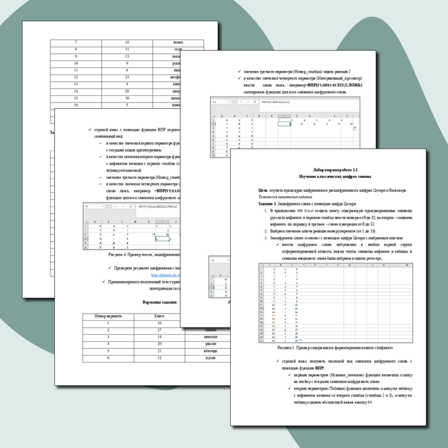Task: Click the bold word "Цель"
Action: [x=264, y=190]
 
